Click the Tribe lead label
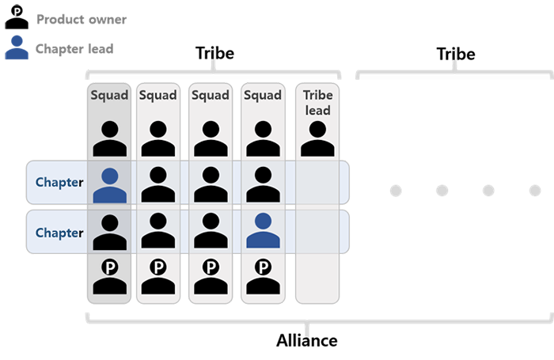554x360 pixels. pos(318,101)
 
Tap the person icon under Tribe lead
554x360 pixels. pos(318,138)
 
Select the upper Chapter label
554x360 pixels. pos(59,182)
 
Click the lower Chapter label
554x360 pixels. pos(59,233)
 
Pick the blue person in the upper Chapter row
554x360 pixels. pos(110,184)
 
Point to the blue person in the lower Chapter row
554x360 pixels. pos(263,230)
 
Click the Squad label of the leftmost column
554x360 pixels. pos(109,96)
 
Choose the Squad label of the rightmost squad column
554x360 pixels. pos(263,96)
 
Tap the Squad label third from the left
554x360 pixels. pos(211,96)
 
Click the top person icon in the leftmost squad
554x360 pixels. pos(110,138)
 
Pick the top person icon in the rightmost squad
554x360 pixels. pos(263,138)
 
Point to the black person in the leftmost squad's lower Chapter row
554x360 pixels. pos(110,230)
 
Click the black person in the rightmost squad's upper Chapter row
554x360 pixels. pos(263,184)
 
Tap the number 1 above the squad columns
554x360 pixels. pos(213,55)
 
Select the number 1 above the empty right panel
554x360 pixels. pos(454,55)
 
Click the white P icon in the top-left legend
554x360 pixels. pos(17,13)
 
